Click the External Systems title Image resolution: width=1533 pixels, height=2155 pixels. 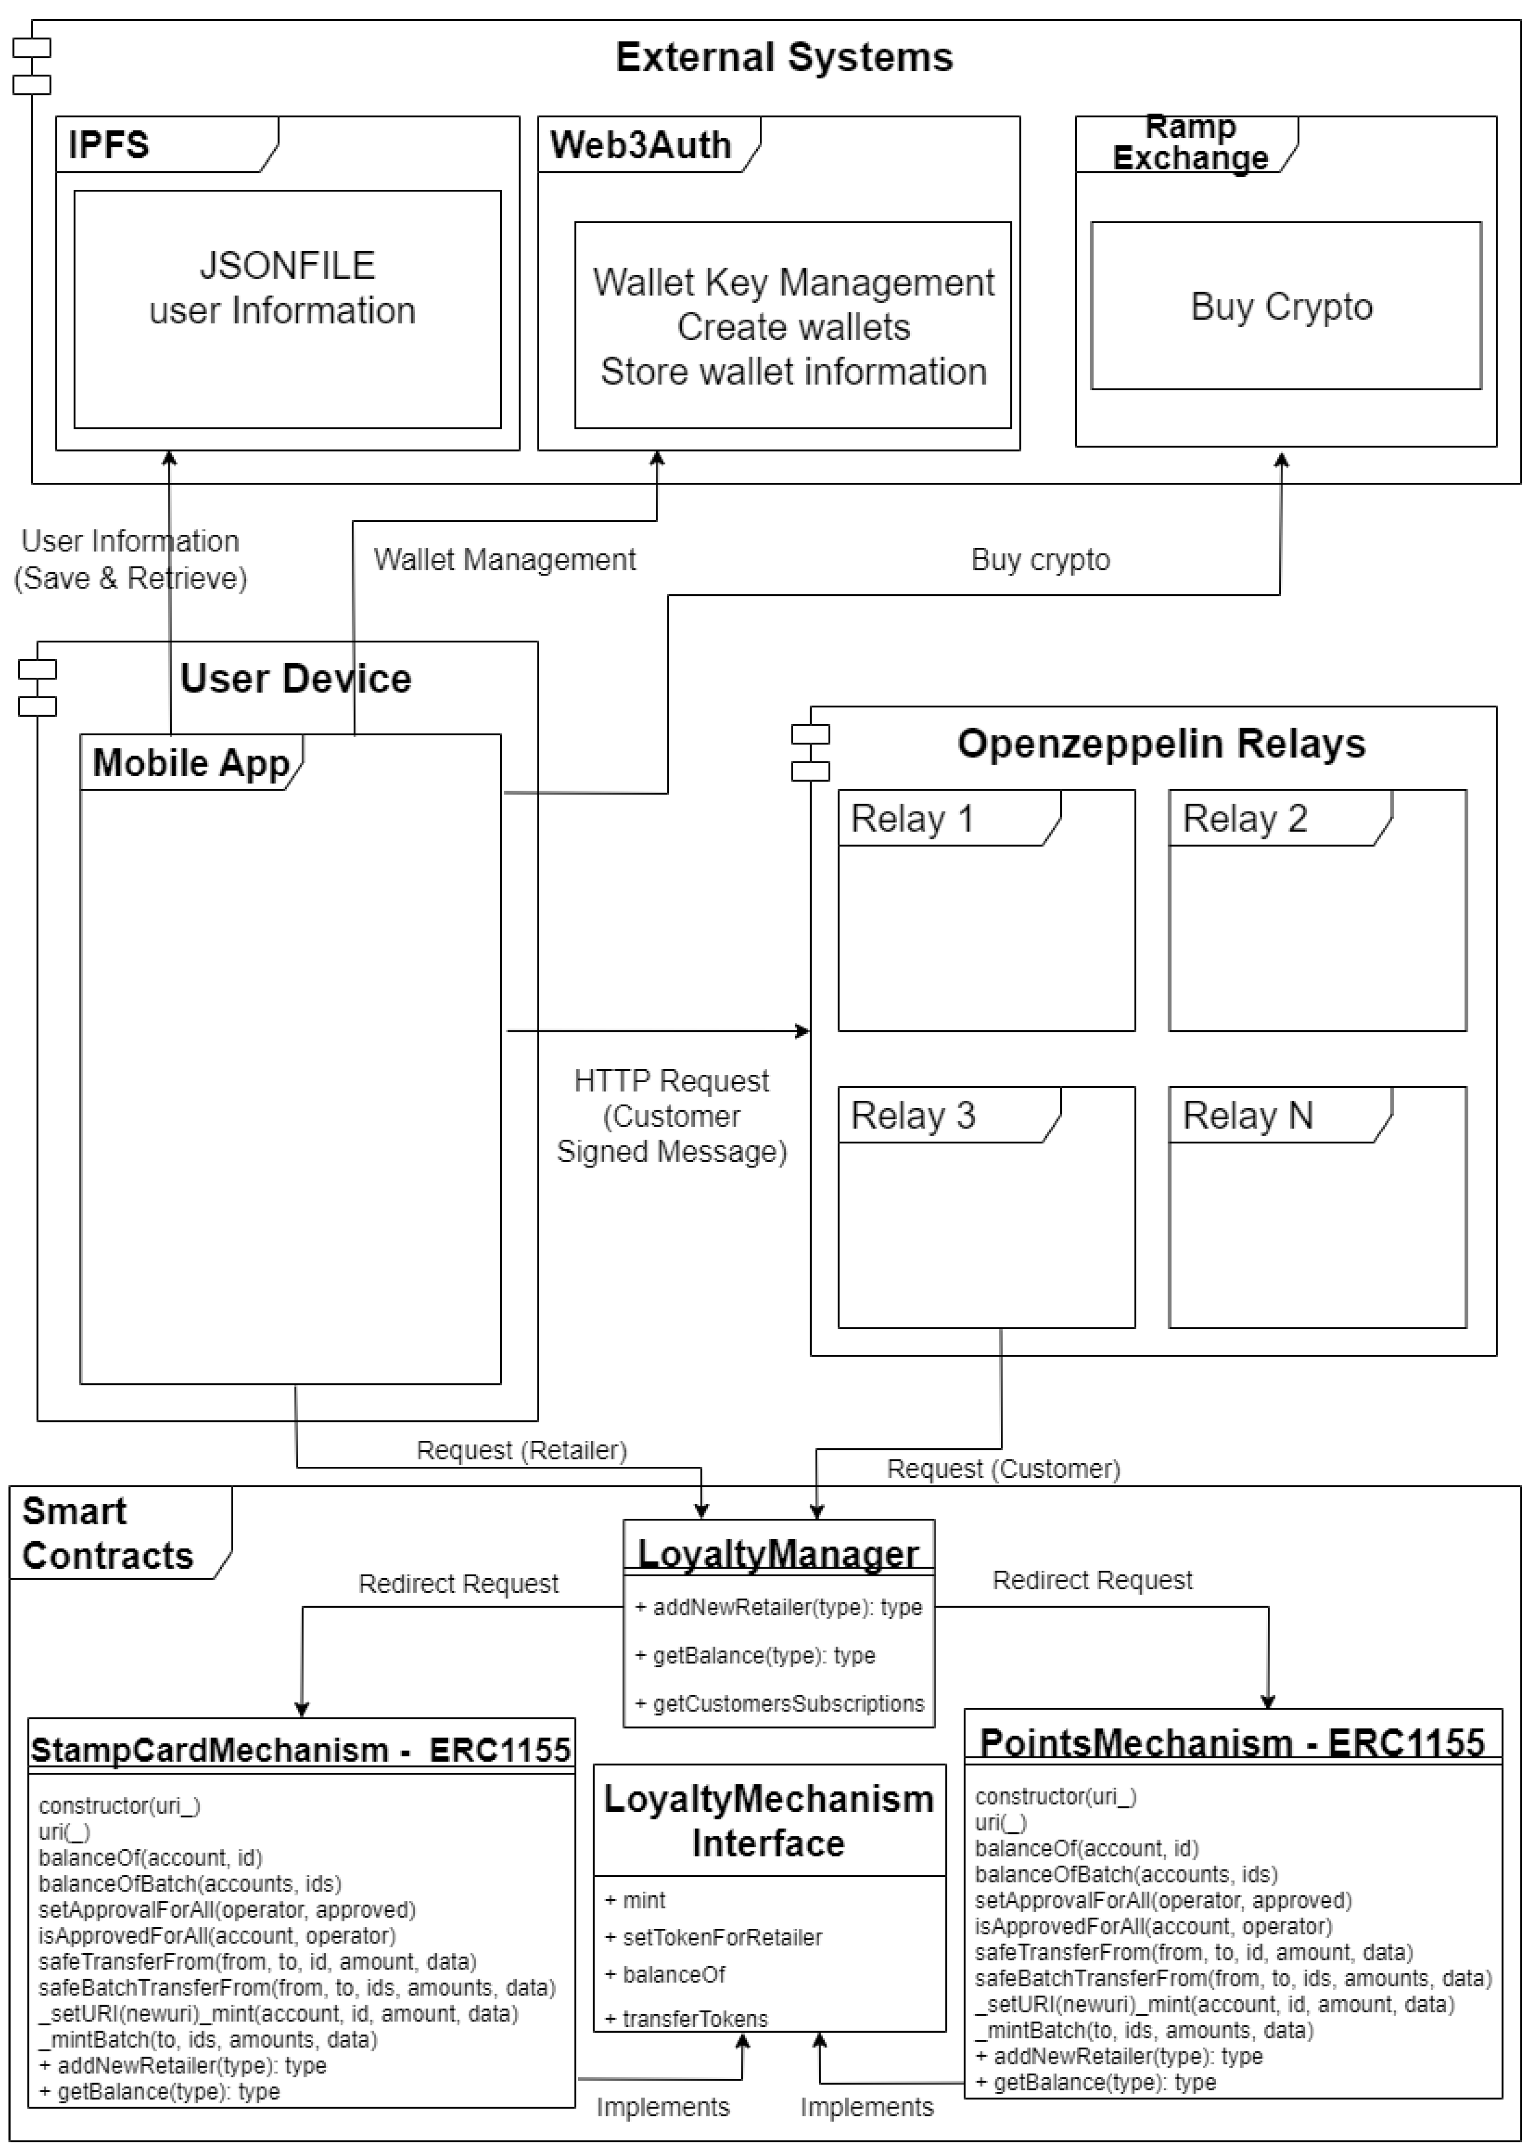[784, 57]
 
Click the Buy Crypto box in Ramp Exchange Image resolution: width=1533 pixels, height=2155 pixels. [1285, 306]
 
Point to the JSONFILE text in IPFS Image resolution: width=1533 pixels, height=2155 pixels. [287, 265]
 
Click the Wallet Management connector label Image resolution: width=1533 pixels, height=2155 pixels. [504, 560]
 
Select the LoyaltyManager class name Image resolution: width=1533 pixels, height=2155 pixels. [778, 1554]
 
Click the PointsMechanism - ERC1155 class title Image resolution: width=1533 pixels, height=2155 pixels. [1232, 1742]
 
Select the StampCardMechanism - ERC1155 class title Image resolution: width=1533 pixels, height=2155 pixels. [300, 1750]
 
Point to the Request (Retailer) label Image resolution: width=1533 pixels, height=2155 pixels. [521, 1450]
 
